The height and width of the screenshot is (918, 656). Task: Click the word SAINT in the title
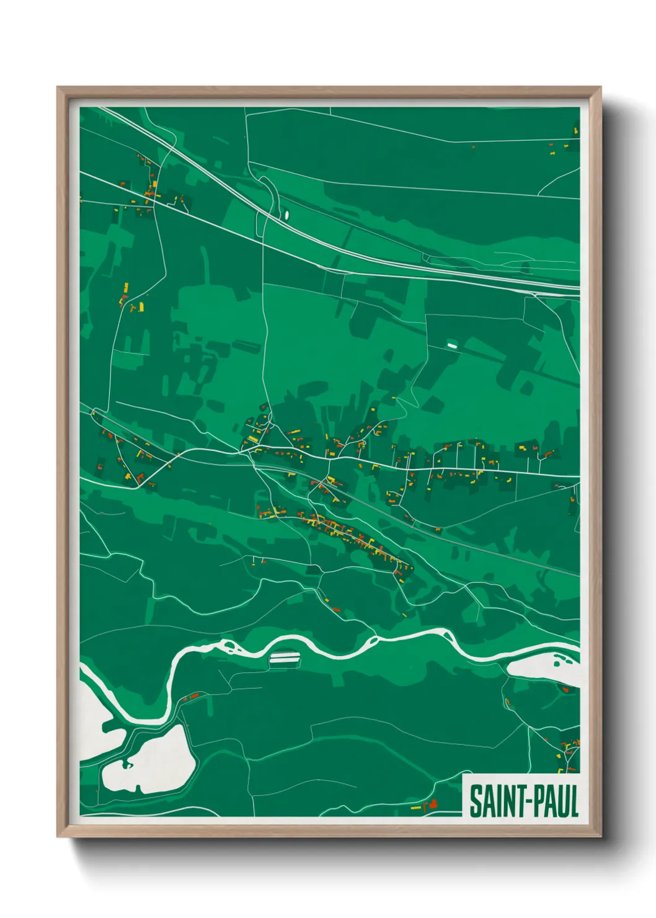click(x=494, y=801)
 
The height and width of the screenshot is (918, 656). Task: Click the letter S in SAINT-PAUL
click(x=475, y=801)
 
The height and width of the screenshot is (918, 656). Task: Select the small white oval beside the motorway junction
click(x=286, y=215)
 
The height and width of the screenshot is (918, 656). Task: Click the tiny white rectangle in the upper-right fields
click(x=451, y=344)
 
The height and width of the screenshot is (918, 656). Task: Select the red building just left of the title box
click(x=433, y=803)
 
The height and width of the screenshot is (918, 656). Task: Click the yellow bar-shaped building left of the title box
click(x=416, y=808)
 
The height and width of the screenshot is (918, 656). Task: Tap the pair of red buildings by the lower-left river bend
click(x=192, y=697)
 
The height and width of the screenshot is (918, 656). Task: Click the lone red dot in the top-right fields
click(x=474, y=147)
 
